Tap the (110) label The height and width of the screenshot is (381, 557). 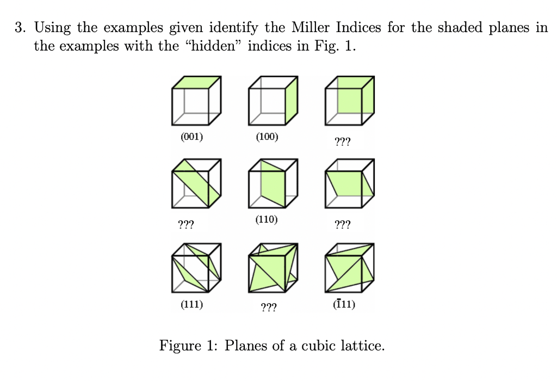point(267,220)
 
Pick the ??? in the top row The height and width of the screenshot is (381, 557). point(343,143)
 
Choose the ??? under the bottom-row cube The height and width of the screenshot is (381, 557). point(268,309)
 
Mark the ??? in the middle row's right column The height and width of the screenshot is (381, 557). point(343,224)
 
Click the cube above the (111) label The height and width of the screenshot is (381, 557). point(196,267)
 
